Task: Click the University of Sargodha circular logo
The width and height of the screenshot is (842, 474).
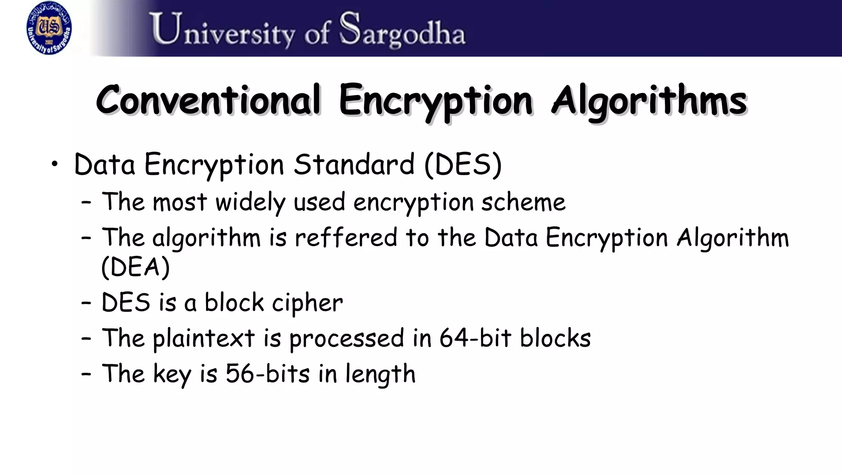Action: tap(49, 28)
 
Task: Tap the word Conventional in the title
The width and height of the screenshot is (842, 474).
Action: tap(208, 100)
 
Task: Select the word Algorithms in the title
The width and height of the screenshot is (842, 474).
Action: tap(649, 101)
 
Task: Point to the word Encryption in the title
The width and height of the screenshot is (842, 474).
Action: tap(435, 101)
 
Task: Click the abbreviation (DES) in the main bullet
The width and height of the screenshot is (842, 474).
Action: tap(463, 165)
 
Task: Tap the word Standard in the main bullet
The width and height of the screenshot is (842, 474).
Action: tap(354, 165)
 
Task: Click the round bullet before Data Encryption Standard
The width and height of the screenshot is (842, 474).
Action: tap(55, 165)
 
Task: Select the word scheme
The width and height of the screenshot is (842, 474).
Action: tap(523, 202)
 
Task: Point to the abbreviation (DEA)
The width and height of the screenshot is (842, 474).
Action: tap(135, 267)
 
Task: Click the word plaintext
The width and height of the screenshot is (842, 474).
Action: tap(204, 339)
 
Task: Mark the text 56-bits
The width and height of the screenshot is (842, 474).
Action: tap(268, 374)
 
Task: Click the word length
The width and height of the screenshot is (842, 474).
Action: tap(380, 374)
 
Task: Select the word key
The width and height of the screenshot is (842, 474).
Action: tap(172, 374)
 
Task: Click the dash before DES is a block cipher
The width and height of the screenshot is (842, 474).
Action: tap(86, 303)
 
